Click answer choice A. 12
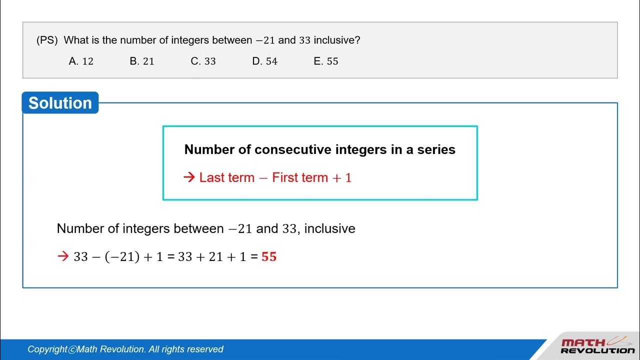pyautogui.click(x=81, y=61)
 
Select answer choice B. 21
pyautogui.click(x=142, y=61)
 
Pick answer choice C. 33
pyautogui.click(x=203, y=61)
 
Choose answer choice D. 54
pyautogui.click(x=264, y=61)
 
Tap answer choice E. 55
pyautogui.click(x=326, y=61)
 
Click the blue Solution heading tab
pyautogui.click(x=60, y=103)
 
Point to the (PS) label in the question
pyautogui.click(x=47, y=40)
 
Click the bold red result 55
pyautogui.click(x=269, y=257)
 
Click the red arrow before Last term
pyautogui.click(x=189, y=177)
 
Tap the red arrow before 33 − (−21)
pyautogui.click(x=63, y=257)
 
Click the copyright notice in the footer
pyautogui.click(x=125, y=349)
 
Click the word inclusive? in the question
pyautogui.click(x=336, y=40)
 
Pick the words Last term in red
pyautogui.click(x=226, y=177)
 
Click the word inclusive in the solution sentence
pyautogui.click(x=329, y=229)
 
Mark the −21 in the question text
pyautogui.click(x=265, y=40)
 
